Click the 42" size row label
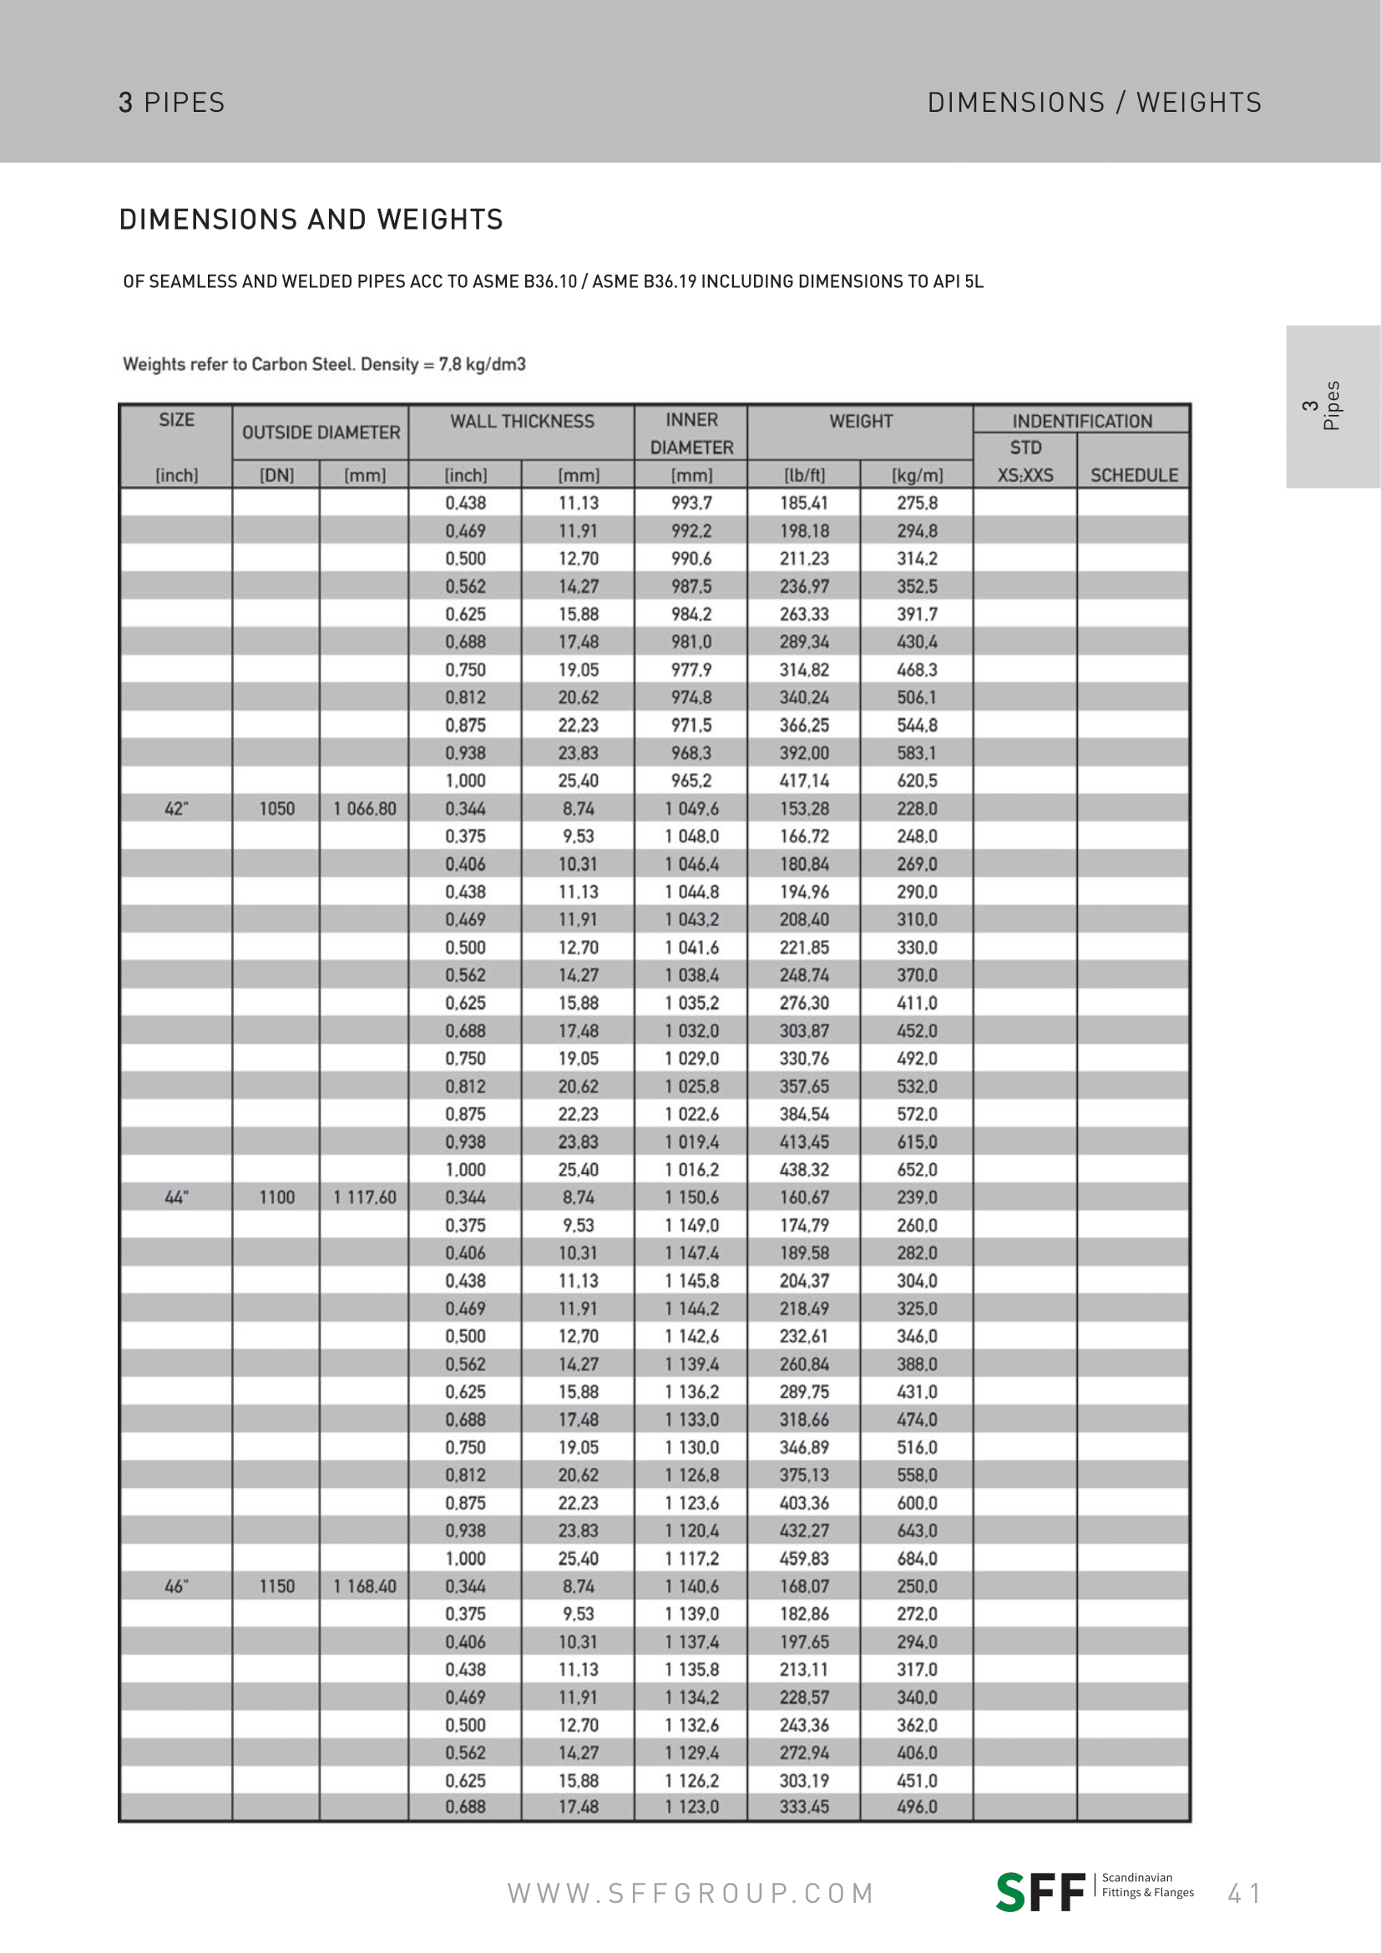click(x=176, y=808)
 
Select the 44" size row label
click(x=176, y=1197)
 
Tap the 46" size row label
click(x=176, y=1586)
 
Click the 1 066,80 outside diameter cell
click(x=365, y=808)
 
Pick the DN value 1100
click(x=276, y=1197)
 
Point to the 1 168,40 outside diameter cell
click(x=365, y=1586)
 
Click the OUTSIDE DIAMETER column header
click(x=321, y=433)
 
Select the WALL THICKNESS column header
click(x=521, y=421)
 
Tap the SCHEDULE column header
click(x=1134, y=474)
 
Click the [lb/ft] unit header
click(x=803, y=474)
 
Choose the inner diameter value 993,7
click(x=691, y=503)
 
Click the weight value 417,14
click(x=803, y=780)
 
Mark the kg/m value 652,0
click(x=917, y=1170)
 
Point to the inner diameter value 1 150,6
click(x=691, y=1197)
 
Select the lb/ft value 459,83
click(x=803, y=1558)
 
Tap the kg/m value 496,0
click(x=917, y=1806)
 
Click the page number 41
click(x=1244, y=1894)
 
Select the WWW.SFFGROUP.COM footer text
click(x=690, y=1894)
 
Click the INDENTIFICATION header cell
click(x=1081, y=421)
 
